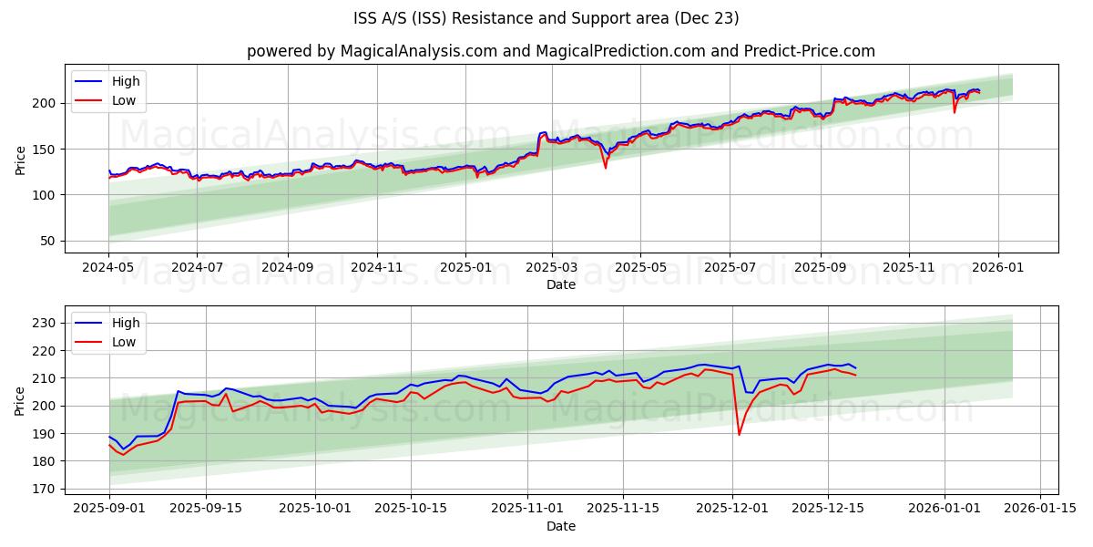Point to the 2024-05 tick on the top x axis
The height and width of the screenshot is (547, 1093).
click(109, 268)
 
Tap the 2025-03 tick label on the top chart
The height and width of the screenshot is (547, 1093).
click(553, 268)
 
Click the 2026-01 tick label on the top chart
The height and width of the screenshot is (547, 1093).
click(998, 268)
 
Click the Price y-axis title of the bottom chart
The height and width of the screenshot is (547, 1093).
click(20, 399)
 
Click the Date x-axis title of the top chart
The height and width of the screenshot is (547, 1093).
click(560, 284)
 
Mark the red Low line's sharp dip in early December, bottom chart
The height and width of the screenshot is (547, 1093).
click(739, 434)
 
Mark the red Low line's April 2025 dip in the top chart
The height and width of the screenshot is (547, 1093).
click(606, 167)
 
